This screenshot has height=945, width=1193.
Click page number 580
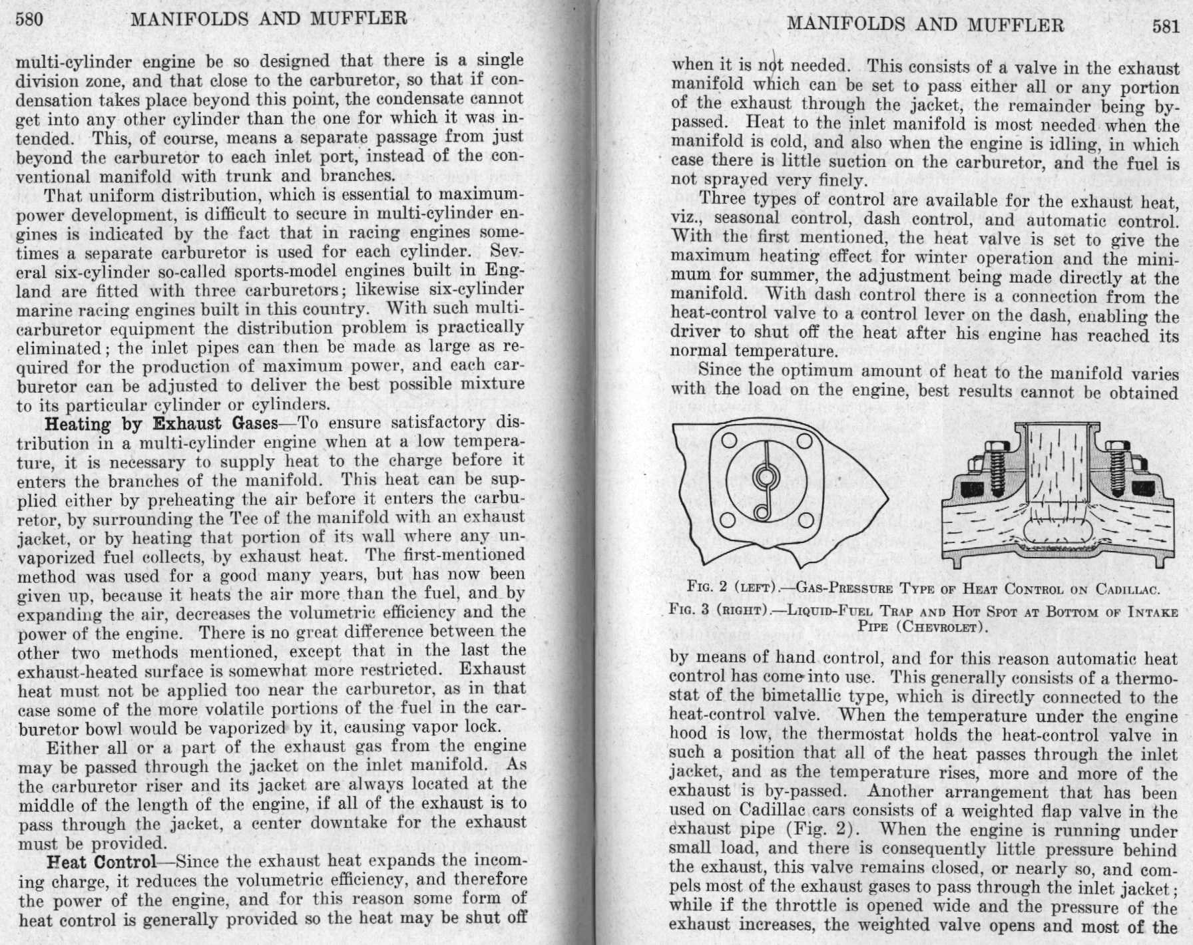[x=29, y=19]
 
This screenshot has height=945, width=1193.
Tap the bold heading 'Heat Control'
[x=100, y=862]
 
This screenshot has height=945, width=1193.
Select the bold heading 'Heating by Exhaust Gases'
[x=161, y=423]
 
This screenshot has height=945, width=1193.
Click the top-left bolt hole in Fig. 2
[x=729, y=440]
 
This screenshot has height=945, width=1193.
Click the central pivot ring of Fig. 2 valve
[x=766, y=477]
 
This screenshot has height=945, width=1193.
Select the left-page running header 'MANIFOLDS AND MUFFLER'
[x=268, y=18]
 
